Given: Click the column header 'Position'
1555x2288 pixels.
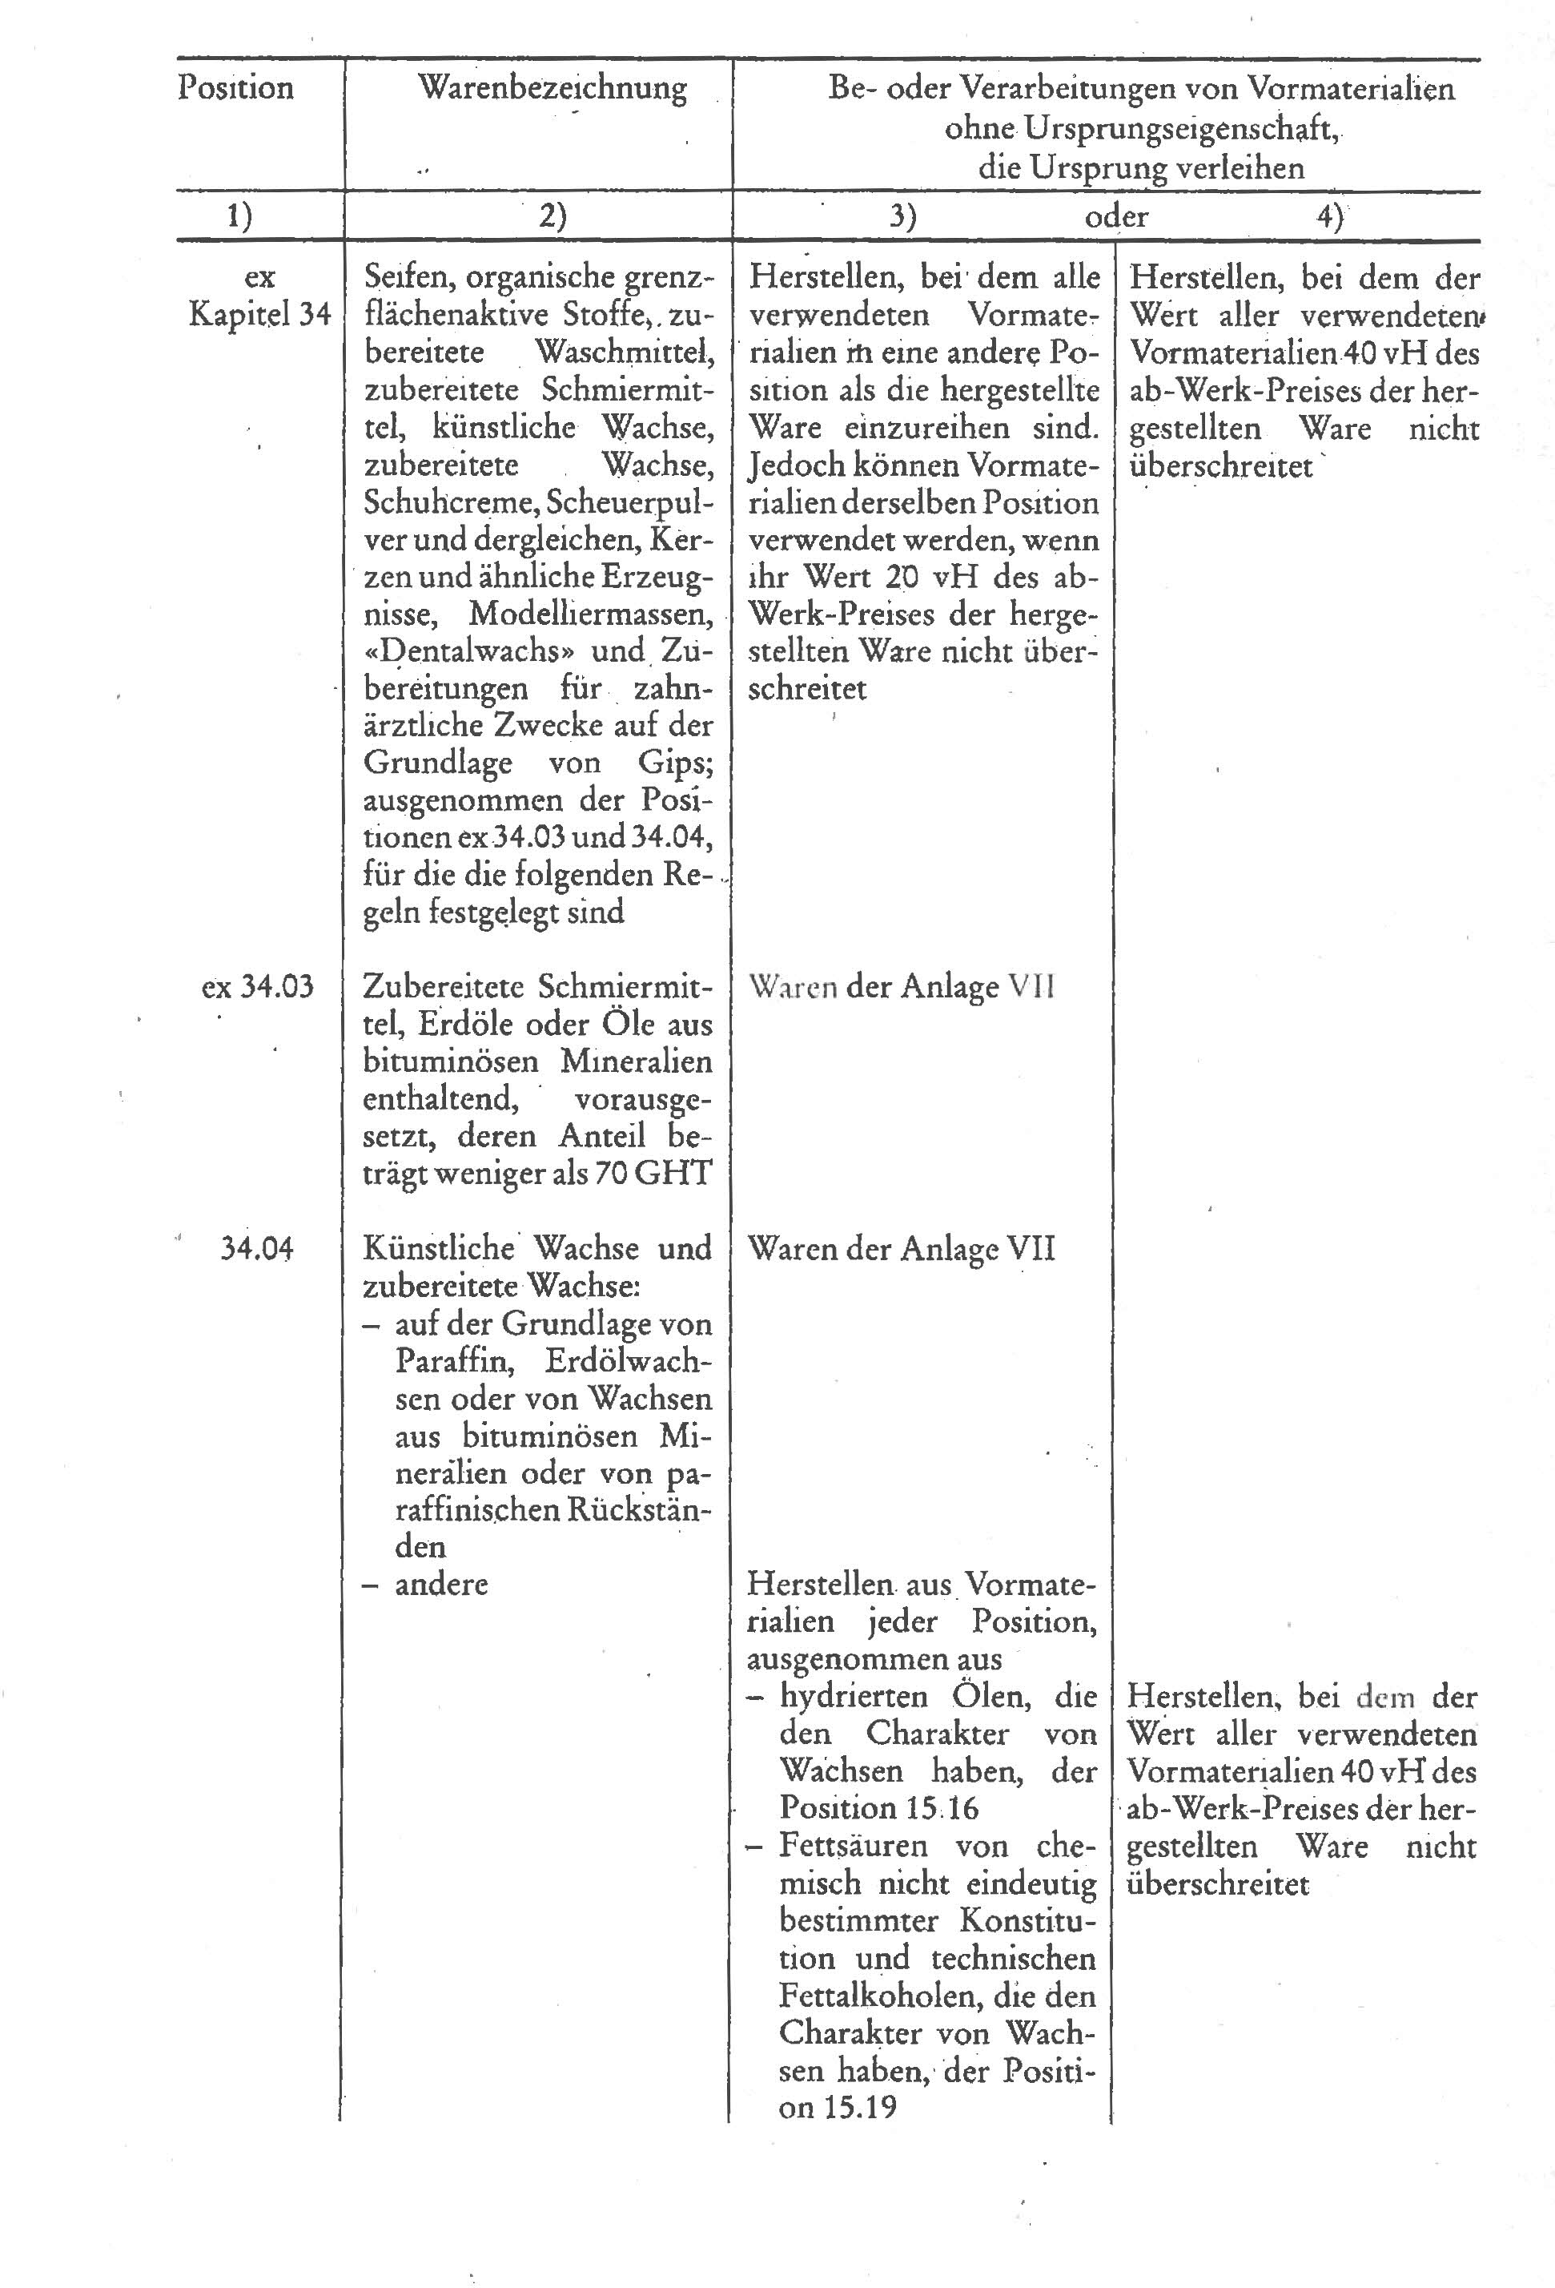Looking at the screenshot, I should click(x=235, y=87).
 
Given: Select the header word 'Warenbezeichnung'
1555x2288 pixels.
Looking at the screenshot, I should click(x=552, y=87).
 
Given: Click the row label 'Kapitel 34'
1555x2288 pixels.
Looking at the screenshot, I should click(x=259, y=315).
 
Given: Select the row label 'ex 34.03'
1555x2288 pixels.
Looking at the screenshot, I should click(x=258, y=985).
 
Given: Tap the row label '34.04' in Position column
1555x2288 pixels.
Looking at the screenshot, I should click(x=257, y=1248).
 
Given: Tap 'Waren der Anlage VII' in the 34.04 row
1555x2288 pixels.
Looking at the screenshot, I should click(x=901, y=1249).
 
